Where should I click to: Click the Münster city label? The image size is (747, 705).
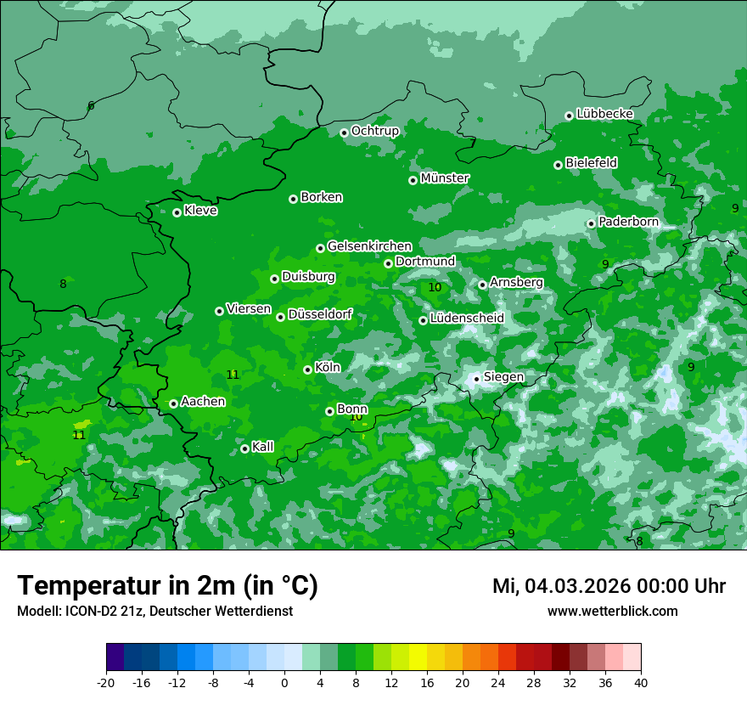pos(445,178)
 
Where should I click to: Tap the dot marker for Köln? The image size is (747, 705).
pos(307,369)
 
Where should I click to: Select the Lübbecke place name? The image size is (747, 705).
pos(604,114)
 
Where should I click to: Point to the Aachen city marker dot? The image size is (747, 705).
pos(173,403)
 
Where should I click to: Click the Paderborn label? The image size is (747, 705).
pos(628,222)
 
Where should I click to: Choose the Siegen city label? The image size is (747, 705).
pos(503,377)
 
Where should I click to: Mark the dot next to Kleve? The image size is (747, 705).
pos(177,212)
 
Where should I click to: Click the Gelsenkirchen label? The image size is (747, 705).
pos(369,246)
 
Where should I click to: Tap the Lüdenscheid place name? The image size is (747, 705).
pos(467,319)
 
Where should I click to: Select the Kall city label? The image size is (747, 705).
pos(262,447)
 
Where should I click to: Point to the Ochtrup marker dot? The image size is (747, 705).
pos(344,133)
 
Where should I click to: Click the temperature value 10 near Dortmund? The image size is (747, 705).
pos(435,288)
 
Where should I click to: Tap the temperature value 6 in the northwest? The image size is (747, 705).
pos(91,106)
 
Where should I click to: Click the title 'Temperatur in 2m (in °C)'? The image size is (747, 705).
pos(167,585)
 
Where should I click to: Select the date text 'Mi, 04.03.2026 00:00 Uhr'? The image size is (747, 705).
pos(609,586)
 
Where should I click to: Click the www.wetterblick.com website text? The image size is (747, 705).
pos(612,612)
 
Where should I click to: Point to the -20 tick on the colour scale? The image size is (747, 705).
pos(106,682)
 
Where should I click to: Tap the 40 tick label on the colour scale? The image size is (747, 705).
pos(641,682)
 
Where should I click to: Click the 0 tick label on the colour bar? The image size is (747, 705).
pos(284,682)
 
